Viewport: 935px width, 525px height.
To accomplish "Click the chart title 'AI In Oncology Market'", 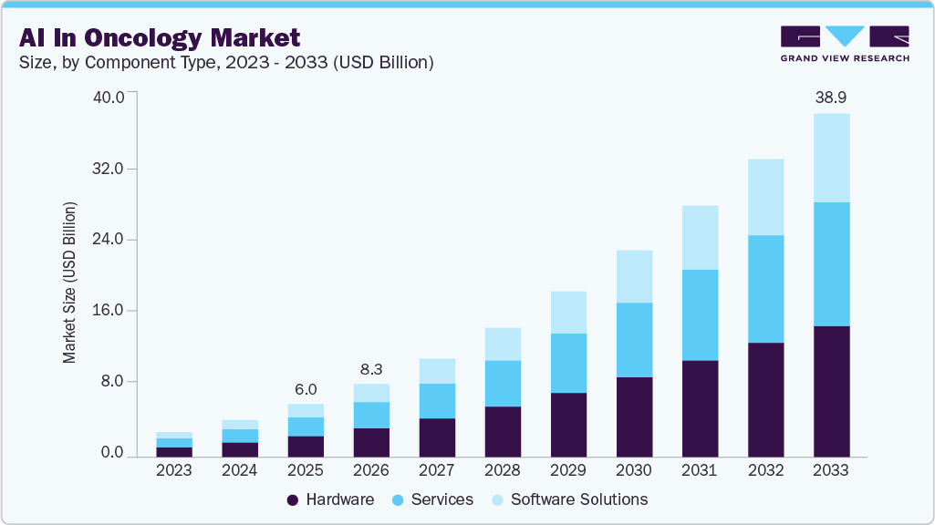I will coord(159,37).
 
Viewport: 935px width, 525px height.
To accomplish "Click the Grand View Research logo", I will coord(845,44).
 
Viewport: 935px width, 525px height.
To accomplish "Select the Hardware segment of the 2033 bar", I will coord(831,391).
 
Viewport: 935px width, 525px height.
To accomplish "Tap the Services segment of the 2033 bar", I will coord(831,263).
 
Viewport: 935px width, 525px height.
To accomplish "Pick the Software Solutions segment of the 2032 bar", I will coord(765,197).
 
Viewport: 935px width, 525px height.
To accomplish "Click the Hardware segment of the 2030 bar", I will coord(634,417).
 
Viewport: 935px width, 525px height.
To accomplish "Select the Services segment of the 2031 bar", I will coord(700,314).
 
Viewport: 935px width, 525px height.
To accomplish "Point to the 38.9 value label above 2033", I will coord(831,98).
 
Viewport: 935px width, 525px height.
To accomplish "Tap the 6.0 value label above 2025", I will coord(306,388).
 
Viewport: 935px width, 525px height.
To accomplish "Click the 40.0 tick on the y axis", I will coord(107,98).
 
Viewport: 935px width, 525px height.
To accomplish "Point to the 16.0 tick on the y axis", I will coord(107,311).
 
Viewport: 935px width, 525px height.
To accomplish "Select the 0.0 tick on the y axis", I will coord(111,453).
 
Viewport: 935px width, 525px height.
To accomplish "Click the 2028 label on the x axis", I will coord(503,470).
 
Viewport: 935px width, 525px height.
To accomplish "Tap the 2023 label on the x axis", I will coord(174,470).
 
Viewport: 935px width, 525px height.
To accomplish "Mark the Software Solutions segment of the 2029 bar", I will coord(568,312).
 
